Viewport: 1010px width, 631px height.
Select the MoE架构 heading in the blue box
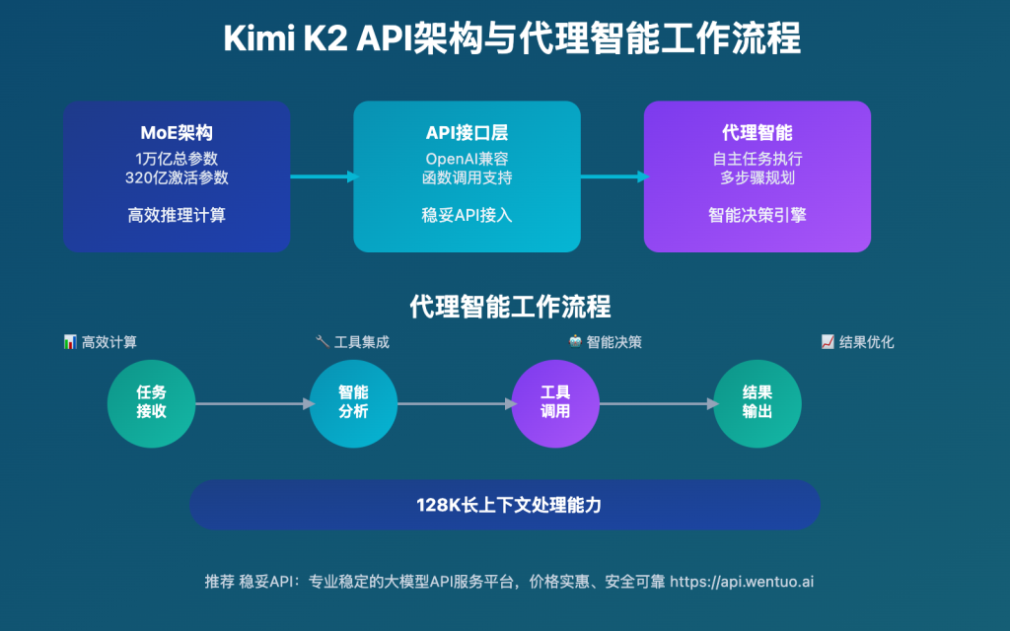[177, 133]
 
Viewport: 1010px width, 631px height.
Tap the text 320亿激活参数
[177, 177]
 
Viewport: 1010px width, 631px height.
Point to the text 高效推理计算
[177, 214]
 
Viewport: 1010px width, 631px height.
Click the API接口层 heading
[467, 133]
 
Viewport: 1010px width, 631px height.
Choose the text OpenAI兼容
[467, 159]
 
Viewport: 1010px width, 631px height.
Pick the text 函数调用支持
[467, 177]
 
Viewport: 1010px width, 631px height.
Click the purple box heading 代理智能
[757, 133]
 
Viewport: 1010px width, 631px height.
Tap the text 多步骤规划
[757, 177]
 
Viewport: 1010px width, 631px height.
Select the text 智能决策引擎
[757, 214]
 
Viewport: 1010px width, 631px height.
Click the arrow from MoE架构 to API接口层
[323, 176]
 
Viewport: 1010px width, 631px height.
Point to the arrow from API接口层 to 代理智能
[613, 176]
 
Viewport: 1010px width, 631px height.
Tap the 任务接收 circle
[151, 402]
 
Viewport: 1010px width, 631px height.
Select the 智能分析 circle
[353, 402]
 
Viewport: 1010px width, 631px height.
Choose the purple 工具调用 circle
[555, 402]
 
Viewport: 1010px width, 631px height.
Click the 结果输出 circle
[757, 402]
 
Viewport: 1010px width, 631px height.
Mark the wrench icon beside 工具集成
[322, 342]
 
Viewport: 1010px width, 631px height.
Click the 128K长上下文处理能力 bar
[505, 505]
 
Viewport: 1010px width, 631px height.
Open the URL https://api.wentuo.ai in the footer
[742, 582]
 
